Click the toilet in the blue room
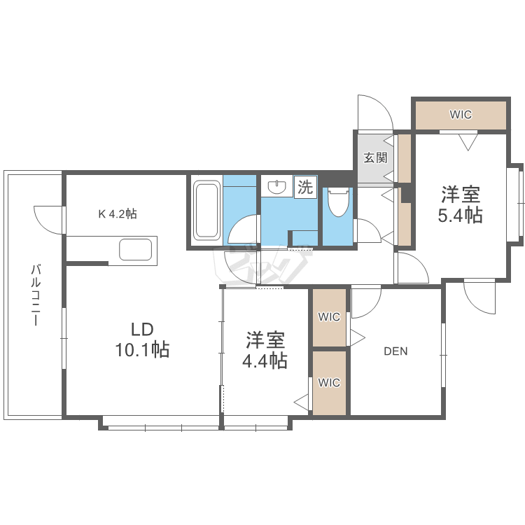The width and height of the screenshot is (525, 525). point(338,203)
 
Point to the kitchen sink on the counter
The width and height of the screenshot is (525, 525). point(136,249)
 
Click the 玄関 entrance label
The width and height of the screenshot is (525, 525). point(374,157)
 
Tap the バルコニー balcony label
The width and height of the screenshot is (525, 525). point(34,295)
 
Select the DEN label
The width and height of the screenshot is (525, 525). point(395,351)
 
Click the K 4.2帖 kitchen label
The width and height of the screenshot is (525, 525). point(117,214)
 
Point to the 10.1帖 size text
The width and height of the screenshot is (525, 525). point(142,350)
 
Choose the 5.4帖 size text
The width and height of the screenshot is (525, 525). point(460,215)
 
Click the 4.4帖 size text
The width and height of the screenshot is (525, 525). point(265,361)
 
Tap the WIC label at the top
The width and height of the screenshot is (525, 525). point(460,115)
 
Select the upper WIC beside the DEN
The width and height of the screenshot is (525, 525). point(329,317)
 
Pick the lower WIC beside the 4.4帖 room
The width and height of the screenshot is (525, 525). point(329,383)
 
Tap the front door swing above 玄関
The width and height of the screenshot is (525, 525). point(372,112)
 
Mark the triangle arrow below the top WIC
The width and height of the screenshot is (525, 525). point(467,141)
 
